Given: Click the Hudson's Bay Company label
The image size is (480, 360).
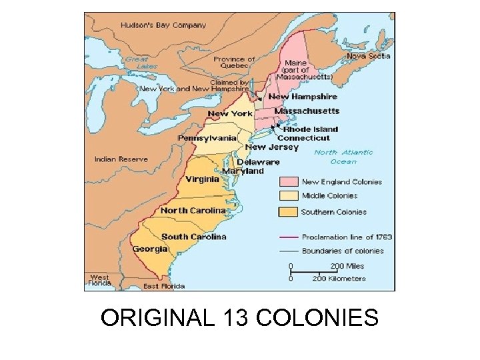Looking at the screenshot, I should (163, 25).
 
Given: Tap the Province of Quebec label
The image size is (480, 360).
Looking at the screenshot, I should (234, 63).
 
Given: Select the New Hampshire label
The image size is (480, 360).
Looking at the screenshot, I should (303, 97).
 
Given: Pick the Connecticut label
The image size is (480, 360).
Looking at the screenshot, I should (303, 138).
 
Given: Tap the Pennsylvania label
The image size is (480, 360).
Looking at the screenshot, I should (207, 138).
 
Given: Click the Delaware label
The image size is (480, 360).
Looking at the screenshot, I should (258, 162).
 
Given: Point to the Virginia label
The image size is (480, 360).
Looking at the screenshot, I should (202, 179).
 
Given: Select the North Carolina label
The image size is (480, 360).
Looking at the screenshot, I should (193, 211).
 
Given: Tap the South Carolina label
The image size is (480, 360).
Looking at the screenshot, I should (193, 237).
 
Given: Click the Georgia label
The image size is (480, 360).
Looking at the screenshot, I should (150, 249).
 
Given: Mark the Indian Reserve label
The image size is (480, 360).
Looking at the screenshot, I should (121, 159).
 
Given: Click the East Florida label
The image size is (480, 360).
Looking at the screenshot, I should (164, 286).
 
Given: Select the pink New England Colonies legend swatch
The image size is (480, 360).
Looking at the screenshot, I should (288, 181).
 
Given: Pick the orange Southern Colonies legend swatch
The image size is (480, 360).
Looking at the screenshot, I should (288, 212).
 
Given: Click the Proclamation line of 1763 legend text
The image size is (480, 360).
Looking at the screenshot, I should (347, 237).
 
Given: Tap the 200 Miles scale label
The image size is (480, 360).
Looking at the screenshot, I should (347, 266).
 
